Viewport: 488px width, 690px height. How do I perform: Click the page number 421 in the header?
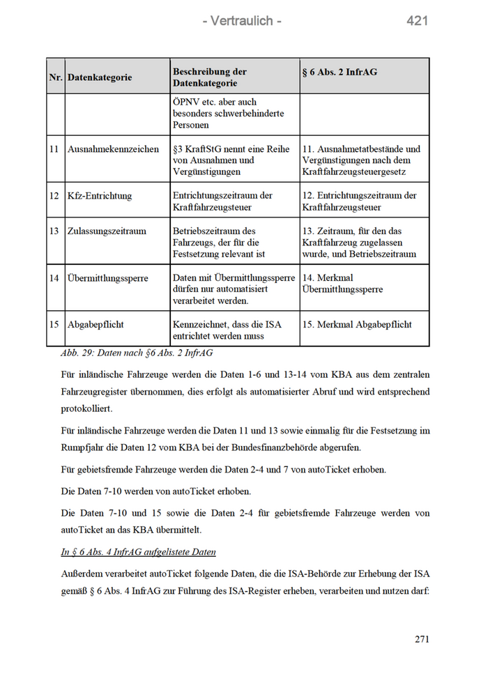coord(417,21)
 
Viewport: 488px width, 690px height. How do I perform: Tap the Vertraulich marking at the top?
coord(242,21)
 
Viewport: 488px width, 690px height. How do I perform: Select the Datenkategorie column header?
coord(99,77)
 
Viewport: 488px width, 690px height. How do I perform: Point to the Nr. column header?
coord(56,77)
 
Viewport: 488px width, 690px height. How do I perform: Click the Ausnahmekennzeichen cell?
coord(113,149)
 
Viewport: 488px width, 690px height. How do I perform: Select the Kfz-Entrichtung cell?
coord(99,196)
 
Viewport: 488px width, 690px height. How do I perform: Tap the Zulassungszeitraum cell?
coord(107,231)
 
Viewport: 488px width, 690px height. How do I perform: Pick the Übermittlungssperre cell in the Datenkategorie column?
coord(107,278)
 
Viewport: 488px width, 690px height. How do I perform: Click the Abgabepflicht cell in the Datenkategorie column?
coord(96,324)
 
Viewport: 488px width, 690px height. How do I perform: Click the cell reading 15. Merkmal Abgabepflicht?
coord(357,324)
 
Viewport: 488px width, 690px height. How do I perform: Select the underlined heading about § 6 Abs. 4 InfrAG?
coord(138,552)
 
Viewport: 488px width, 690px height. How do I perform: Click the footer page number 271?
coord(421,639)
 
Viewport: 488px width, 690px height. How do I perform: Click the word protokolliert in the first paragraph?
coord(87,408)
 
